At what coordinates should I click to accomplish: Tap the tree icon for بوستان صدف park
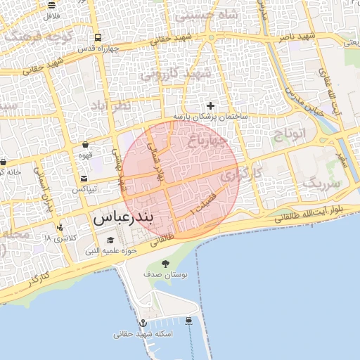coord(165,264)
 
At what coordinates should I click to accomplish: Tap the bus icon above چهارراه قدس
coord(96,39)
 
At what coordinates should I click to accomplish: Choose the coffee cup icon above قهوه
coord(85,145)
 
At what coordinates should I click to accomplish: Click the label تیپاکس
coord(84,190)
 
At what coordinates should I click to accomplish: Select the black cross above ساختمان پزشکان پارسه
coord(210,105)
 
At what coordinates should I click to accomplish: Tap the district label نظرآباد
coord(129,106)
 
